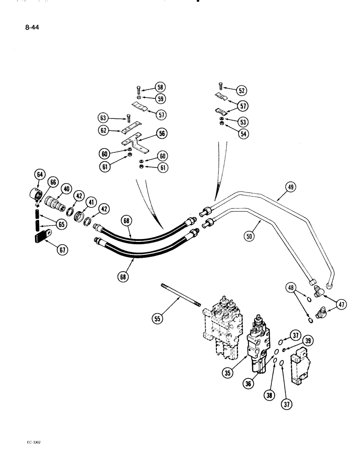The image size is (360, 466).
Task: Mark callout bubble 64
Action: [x=39, y=176]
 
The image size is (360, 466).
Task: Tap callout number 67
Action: [x=62, y=250]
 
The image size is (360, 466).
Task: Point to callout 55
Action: [x=159, y=319]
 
